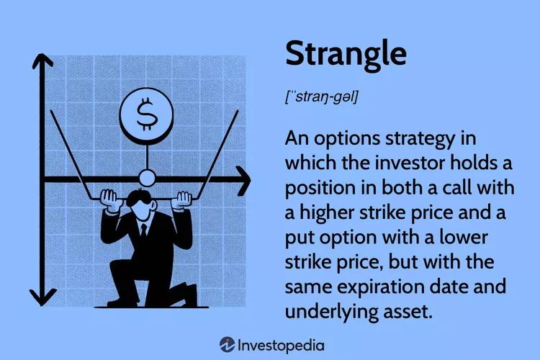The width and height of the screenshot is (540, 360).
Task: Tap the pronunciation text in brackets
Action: [x=322, y=96]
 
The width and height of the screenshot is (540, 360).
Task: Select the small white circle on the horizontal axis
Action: [x=147, y=179]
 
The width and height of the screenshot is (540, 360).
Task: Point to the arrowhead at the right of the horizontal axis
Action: [x=243, y=180]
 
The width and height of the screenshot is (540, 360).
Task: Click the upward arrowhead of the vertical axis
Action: [x=42, y=61]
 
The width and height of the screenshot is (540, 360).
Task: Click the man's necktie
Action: [x=143, y=230]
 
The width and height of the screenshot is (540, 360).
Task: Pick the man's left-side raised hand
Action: [x=111, y=199]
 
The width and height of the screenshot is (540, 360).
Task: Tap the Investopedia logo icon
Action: [x=228, y=344]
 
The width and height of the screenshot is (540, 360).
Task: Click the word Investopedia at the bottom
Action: [x=281, y=346]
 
